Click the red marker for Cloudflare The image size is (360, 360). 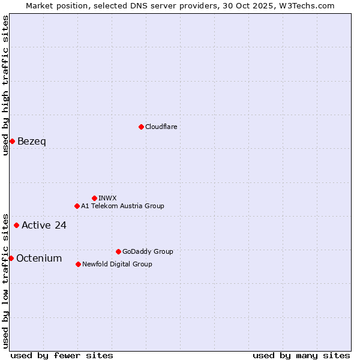coord(141,127)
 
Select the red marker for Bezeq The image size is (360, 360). coord(12,141)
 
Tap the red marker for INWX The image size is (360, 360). coord(94,198)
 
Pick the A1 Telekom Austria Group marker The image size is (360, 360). coord(77,206)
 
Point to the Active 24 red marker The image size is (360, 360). coord(16,225)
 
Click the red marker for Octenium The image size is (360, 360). coord(11,258)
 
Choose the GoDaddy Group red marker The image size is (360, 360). coord(118,251)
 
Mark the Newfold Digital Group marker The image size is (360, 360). coord(78,264)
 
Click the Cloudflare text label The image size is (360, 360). coord(161,127)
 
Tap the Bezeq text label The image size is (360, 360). coord(32,142)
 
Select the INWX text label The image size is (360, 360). coord(107,198)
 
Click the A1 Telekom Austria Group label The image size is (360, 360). coord(122,206)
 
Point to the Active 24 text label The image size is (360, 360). coord(44,226)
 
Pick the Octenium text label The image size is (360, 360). coord(39,259)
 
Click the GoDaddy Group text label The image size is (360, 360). coord(148,251)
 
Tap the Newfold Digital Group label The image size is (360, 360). coord(117,264)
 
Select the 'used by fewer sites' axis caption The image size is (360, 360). coord(62,355)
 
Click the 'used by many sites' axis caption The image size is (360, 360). coord(301,355)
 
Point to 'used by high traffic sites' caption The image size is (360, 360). coord(5,85)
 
